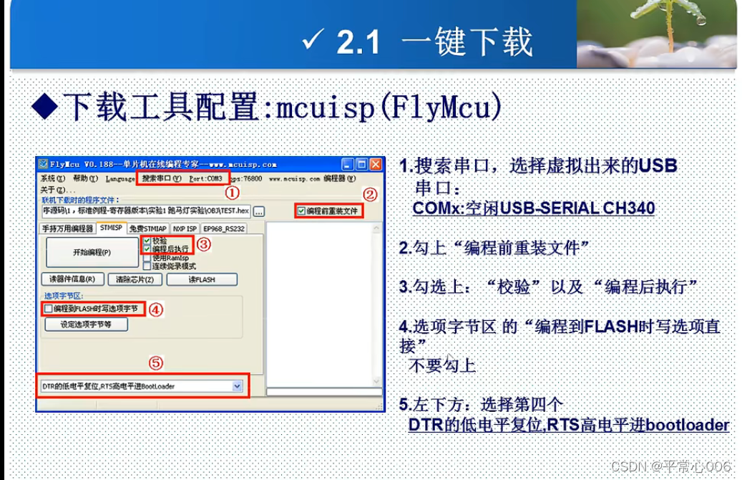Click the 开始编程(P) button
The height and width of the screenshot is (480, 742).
[92, 252]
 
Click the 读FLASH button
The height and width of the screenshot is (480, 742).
[201, 279]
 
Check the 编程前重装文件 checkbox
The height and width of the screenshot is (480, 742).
[301, 211]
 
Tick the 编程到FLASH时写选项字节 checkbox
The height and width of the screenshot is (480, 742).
[48, 309]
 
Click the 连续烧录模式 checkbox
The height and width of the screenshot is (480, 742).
[147, 266]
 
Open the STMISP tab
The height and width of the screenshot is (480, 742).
[111, 229]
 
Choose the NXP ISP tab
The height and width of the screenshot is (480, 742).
[185, 229]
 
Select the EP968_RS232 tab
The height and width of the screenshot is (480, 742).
[224, 229]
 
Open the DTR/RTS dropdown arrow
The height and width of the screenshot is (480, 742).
[238, 386]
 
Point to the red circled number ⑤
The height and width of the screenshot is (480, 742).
[156, 363]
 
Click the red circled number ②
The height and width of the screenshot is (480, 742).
[369, 193]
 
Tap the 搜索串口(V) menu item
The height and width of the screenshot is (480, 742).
[162, 178]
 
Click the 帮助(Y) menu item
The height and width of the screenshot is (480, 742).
[87, 178]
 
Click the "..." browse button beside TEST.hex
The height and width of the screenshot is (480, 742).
[259, 211]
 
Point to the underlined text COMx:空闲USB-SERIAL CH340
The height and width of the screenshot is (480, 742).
[534, 208]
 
